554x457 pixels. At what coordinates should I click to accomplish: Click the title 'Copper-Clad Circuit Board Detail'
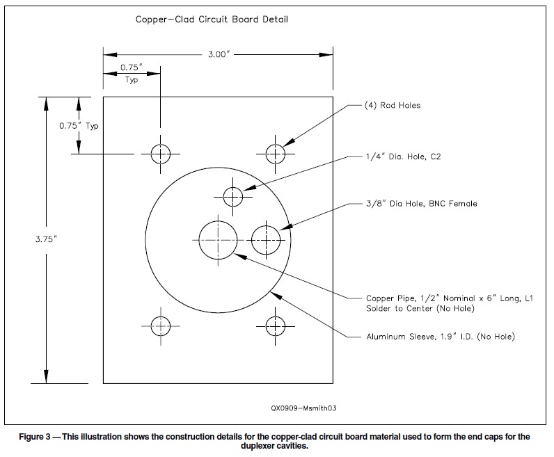click(212, 19)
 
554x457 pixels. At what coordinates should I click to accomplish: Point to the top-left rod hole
click(161, 153)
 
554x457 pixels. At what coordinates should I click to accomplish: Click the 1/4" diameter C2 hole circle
click(233, 196)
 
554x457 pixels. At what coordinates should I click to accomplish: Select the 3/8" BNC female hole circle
click(266, 239)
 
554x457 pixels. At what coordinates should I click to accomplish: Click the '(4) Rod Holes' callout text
click(393, 106)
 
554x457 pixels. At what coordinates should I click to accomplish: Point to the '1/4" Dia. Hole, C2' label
click(404, 157)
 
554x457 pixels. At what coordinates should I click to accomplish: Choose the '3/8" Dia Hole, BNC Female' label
click(422, 204)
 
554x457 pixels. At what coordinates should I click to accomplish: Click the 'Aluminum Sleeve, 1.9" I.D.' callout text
click(441, 337)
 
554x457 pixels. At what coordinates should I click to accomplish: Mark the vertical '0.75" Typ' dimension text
click(79, 127)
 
